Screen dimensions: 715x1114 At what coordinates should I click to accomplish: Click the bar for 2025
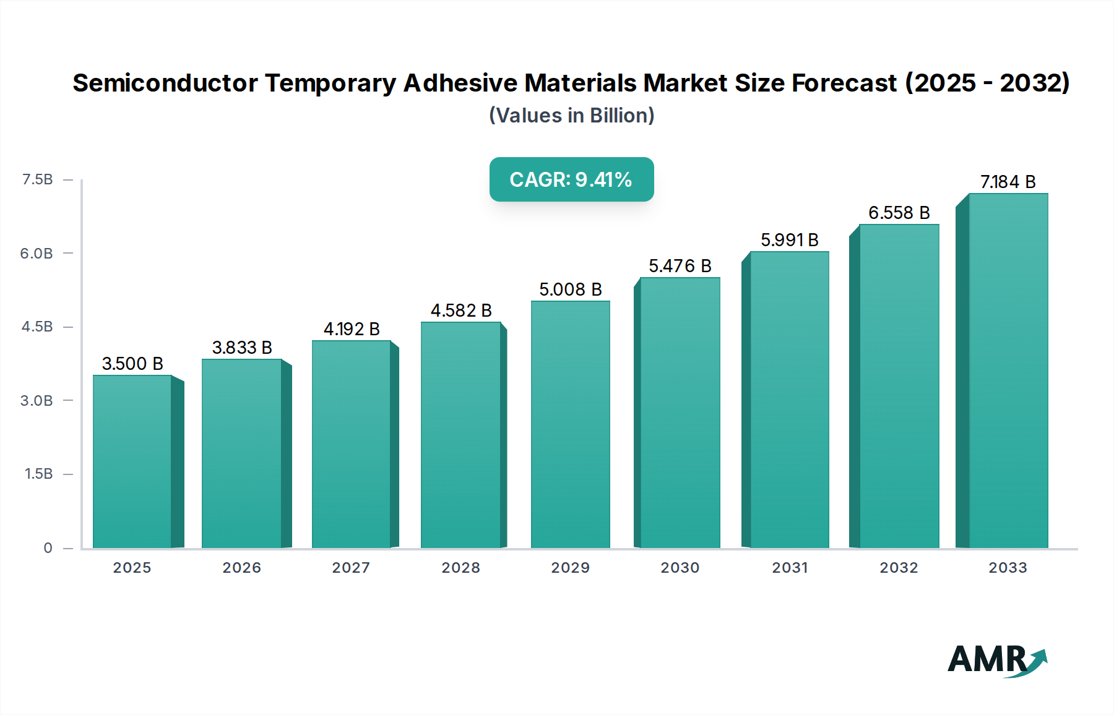132,461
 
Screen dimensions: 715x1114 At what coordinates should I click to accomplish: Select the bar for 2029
570,424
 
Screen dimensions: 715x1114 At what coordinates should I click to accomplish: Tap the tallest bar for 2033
1008,371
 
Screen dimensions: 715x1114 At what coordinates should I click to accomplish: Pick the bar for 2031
789,400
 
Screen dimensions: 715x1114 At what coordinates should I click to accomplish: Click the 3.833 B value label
242,348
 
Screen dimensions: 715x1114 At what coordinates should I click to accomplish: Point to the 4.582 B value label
461,310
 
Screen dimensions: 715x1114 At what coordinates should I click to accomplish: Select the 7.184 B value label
1008,182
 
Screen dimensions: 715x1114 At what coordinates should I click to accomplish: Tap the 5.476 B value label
680,266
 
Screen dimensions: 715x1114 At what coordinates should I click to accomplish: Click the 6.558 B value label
899,213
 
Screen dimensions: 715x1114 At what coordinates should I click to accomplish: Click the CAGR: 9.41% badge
571,179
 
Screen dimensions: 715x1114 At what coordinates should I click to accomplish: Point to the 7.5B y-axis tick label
37,179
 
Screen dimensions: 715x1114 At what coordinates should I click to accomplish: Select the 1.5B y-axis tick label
38,474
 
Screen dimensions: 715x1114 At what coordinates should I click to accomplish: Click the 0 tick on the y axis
48,548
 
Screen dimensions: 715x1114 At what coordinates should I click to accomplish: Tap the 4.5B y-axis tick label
37,327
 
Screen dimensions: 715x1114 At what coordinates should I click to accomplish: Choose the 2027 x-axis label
351,568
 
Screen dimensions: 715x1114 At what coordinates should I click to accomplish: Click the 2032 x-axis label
899,568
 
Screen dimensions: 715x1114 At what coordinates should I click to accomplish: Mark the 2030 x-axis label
680,568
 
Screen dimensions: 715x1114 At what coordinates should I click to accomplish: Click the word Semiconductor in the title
165,83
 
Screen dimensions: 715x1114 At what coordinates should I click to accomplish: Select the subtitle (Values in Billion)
571,116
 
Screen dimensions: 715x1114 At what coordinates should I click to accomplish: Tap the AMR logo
996,660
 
